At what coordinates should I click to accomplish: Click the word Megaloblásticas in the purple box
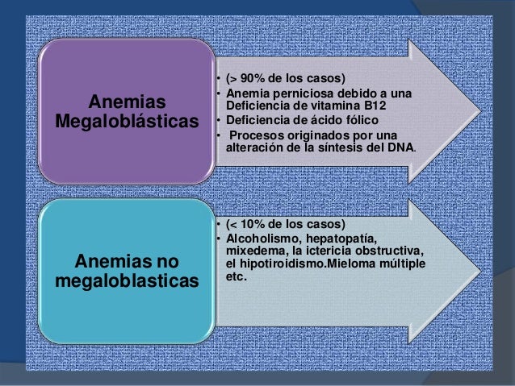128,122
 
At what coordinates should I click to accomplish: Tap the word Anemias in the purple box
128,102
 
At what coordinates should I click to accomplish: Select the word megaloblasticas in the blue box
128,281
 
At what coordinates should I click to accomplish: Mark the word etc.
237,276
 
